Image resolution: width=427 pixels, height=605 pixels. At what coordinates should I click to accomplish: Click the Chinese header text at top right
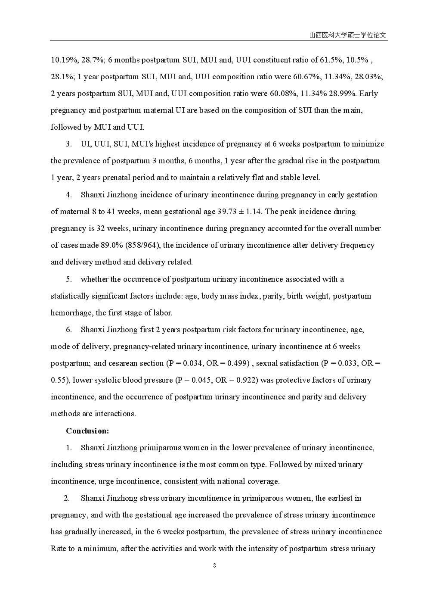click(x=348, y=36)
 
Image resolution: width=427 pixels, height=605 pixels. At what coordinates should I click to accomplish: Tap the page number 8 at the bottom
click(x=214, y=565)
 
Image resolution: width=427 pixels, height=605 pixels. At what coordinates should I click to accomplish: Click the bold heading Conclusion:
click(x=87, y=430)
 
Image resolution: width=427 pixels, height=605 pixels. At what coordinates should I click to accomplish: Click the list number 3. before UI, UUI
click(x=69, y=144)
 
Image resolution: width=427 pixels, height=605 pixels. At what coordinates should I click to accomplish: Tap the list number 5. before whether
click(x=69, y=279)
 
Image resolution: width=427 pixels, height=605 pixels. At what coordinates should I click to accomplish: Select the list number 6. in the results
click(x=69, y=330)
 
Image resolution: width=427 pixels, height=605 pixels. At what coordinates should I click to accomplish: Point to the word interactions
click(x=115, y=414)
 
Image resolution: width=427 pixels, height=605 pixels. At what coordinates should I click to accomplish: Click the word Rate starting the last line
click(x=59, y=549)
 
